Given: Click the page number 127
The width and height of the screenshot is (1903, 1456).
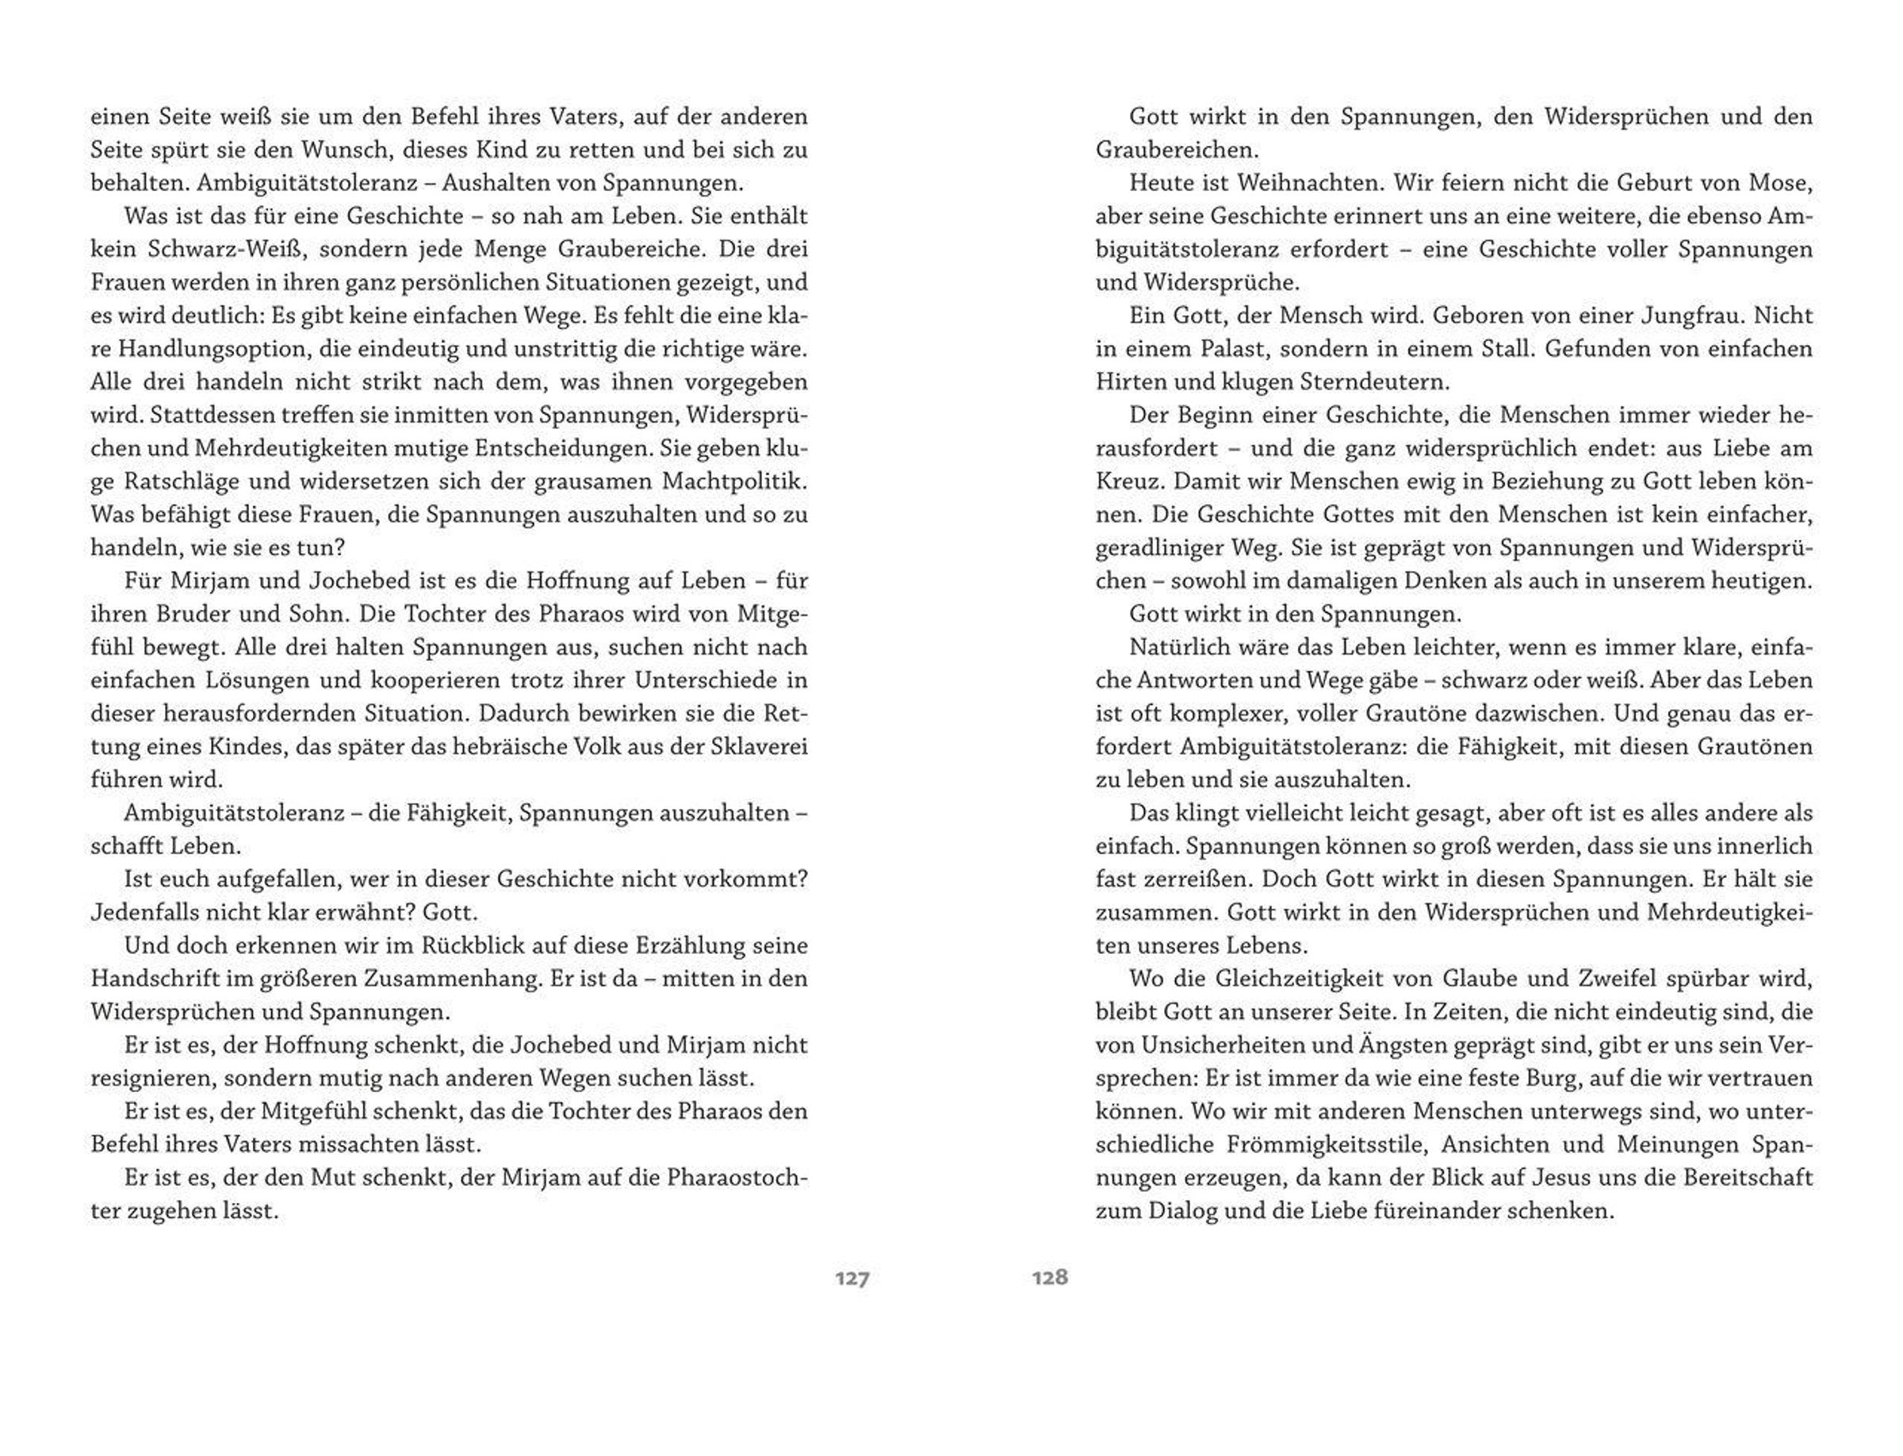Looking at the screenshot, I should point(851,1278).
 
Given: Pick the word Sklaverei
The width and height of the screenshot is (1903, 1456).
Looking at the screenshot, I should point(757,746).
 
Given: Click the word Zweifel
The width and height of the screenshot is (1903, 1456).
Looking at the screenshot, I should point(1641,979).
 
